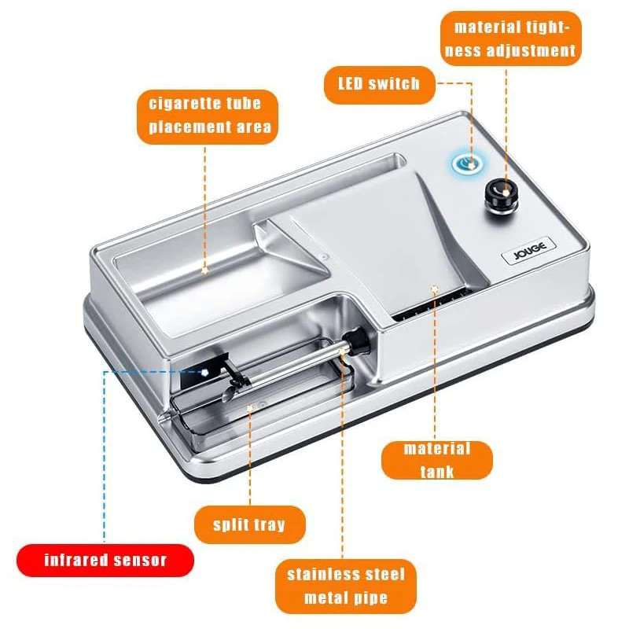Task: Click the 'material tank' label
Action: click(x=436, y=460)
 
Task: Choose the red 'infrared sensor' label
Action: click(x=105, y=561)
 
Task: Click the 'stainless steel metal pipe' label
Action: click(x=346, y=586)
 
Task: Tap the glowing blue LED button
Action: click(x=469, y=163)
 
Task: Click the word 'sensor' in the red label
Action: click(x=140, y=561)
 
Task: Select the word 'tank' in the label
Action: click(x=436, y=472)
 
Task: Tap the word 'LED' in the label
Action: click(x=354, y=83)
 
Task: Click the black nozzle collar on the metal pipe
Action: click(x=359, y=340)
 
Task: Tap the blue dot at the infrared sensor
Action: click(x=205, y=371)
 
